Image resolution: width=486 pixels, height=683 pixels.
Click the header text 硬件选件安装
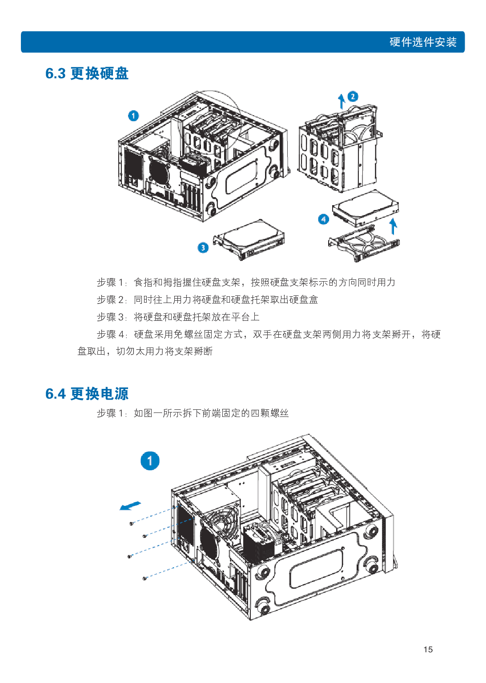423,42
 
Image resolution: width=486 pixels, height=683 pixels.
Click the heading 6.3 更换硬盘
87,73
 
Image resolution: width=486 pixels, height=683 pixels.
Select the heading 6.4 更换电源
87,394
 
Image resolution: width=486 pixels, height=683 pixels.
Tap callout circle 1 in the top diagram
133,116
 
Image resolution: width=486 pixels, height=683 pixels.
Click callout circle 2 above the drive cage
353,97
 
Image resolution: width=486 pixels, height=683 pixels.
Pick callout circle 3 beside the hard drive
203,247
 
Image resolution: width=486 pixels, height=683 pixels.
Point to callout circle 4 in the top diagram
324,219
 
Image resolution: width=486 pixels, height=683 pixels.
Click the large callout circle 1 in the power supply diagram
150,461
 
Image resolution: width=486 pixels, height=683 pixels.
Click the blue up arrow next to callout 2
341,101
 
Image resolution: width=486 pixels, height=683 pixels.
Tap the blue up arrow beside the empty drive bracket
393,226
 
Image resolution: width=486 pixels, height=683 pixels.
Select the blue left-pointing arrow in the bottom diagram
130,506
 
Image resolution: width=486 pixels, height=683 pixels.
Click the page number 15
428,650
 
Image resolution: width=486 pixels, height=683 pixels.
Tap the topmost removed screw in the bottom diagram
131,524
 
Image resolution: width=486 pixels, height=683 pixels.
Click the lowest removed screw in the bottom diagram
145,578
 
